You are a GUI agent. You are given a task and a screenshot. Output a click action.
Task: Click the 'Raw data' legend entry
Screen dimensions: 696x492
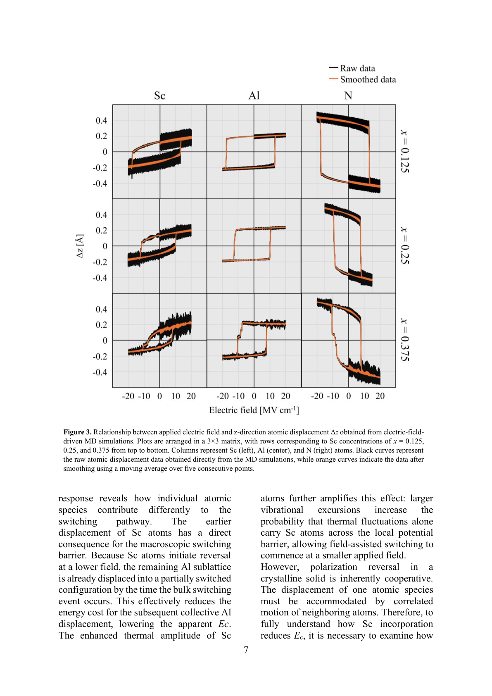(x=357, y=68)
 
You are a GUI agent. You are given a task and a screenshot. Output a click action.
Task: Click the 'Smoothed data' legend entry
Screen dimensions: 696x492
(x=367, y=79)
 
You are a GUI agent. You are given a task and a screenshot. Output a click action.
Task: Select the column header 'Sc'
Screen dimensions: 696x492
(x=159, y=96)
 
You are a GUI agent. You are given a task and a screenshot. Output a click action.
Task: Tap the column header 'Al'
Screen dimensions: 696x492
(x=254, y=96)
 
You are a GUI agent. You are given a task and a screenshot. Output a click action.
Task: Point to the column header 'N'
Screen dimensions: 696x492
(x=348, y=96)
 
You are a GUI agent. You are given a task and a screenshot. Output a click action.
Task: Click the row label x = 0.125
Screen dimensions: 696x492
(x=404, y=151)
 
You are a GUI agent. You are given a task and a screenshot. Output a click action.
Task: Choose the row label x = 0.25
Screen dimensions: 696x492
(x=404, y=246)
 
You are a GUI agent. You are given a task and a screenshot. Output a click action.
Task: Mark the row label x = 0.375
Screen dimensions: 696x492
(x=404, y=340)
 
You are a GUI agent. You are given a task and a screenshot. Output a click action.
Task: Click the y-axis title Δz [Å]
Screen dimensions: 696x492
(x=80, y=246)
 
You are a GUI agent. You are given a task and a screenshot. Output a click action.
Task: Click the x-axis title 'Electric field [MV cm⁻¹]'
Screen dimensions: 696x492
(x=254, y=410)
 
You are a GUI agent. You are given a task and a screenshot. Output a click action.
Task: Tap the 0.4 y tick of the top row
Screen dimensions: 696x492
(x=101, y=120)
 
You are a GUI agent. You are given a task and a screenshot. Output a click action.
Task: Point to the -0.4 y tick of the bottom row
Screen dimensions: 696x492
(x=100, y=372)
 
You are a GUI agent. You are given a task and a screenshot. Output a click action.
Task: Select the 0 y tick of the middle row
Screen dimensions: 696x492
(x=105, y=246)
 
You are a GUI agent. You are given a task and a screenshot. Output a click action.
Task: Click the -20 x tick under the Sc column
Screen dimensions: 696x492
(x=128, y=396)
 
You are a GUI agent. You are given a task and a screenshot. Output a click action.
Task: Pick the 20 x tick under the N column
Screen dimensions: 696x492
(x=380, y=396)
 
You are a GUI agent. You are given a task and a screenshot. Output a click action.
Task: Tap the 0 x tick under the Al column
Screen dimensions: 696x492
(x=254, y=396)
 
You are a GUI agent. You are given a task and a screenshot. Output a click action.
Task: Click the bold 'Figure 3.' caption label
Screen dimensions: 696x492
(x=77, y=432)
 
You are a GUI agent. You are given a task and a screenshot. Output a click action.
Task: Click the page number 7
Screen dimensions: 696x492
(x=246, y=650)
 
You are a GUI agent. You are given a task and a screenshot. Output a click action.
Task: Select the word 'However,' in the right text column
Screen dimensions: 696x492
(x=280, y=567)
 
